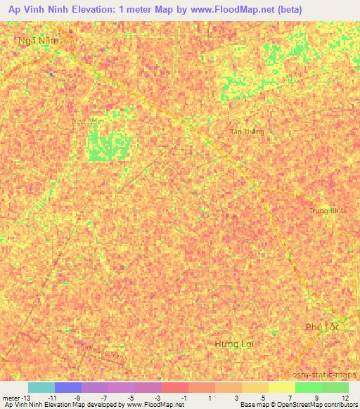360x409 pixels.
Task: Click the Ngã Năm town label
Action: click(37, 41)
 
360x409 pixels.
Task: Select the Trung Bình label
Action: click(327, 211)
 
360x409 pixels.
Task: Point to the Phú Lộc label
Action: click(322, 327)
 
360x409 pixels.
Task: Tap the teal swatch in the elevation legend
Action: click(41, 387)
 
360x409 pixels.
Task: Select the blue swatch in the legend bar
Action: click(68, 387)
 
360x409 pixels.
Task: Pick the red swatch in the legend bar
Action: click(175, 387)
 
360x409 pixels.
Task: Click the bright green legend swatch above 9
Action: click(308, 387)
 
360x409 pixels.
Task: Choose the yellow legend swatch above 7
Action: click(281, 387)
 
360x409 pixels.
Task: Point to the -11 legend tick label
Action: click(51, 398)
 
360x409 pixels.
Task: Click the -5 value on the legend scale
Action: click(131, 398)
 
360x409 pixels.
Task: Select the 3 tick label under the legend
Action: click(236, 398)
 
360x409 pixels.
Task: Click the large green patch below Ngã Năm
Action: click(108, 146)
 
